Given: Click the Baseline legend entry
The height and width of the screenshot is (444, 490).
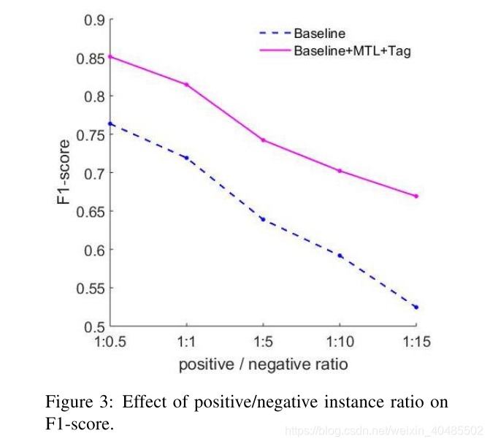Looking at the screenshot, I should tap(319, 34).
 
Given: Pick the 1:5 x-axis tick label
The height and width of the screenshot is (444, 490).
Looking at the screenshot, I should tap(264, 341).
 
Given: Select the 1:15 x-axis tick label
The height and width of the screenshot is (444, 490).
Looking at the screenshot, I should tap(416, 341).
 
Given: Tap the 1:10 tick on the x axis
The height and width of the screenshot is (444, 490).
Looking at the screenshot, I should tap(340, 341).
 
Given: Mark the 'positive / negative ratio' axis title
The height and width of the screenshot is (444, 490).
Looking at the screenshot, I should tap(263, 363).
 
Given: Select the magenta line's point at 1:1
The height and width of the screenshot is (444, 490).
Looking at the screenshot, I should tap(187, 85).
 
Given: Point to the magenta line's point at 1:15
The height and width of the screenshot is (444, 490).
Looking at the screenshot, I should tap(416, 196).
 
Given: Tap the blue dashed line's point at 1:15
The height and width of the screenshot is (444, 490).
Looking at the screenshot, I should tap(416, 307).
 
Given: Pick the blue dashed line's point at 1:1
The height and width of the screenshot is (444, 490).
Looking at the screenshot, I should tap(187, 158).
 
